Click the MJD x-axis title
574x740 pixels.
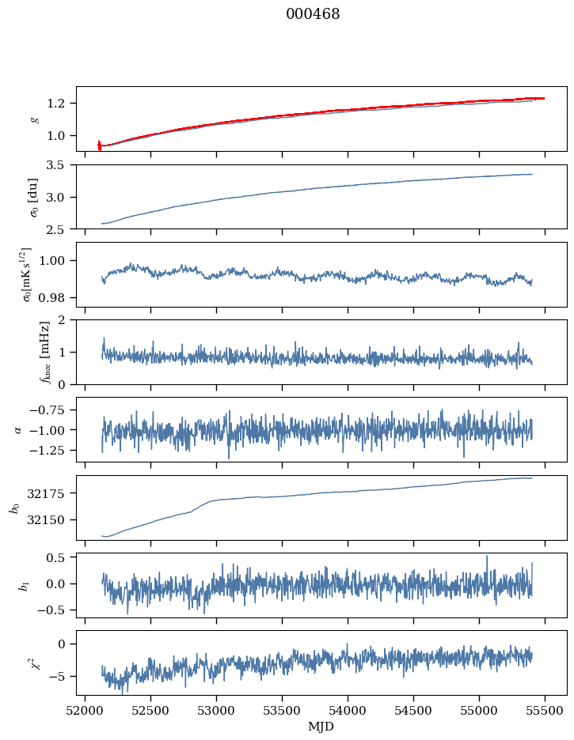321,727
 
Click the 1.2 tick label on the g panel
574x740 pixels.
59,104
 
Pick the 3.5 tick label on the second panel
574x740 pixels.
59,165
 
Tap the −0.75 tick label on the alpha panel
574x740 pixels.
52,410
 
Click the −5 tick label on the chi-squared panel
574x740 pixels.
62,677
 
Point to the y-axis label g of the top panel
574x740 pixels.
33,119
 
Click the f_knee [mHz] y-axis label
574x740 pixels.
24,352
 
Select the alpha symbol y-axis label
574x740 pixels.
18,429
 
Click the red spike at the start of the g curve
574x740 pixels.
99,145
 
